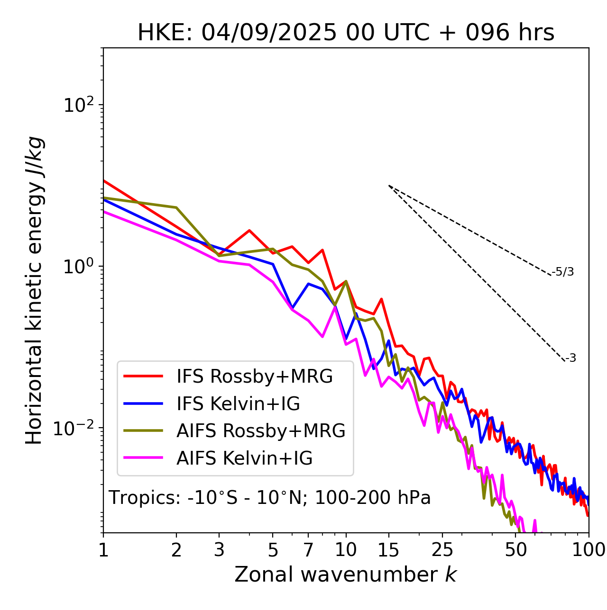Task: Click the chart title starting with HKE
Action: point(346,33)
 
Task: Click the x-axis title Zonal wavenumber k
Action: point(346,574)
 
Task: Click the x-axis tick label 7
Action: point(308,550)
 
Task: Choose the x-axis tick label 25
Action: point(442,550)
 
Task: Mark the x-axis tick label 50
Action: point(515,550)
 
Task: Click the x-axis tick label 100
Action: point(589,550)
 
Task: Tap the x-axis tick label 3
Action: point(219,550)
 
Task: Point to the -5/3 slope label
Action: point(563,272)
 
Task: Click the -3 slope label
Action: point(570,359)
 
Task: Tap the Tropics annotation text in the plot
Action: point(270,498)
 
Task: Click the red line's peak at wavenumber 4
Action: point(249,231)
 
